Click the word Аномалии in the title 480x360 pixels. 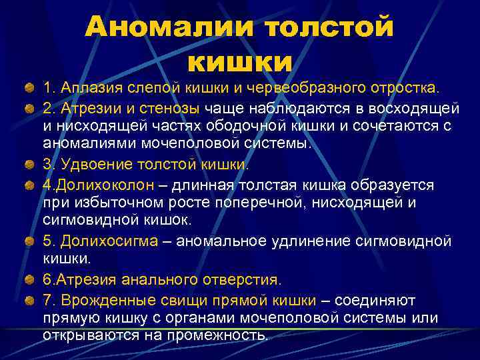pyautogui.click(x=169, y=28)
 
